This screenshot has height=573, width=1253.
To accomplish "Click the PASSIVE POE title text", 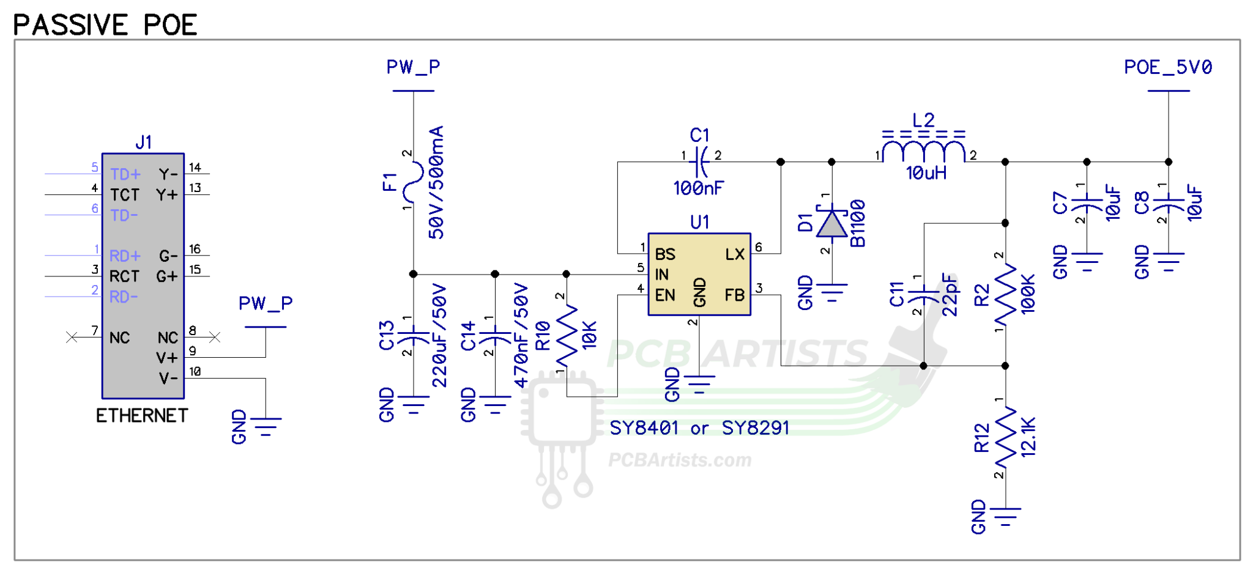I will [105, 25].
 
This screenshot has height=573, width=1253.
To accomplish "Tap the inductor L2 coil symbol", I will [924, 151].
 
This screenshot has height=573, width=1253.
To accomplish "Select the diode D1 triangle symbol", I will [831, 224].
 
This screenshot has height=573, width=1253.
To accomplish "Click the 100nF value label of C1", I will [698, 188].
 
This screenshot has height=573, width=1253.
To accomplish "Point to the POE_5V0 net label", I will [1167, 67].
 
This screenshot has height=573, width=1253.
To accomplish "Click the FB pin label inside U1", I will [734, 295].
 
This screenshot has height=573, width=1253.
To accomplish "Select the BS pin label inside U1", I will [665, 254].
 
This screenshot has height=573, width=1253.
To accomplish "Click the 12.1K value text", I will [1028, 437].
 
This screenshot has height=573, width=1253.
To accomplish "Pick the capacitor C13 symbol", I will [414, 336].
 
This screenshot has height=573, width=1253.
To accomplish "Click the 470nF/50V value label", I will [521, 335].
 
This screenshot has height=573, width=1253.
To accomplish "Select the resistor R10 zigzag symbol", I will [567, 337].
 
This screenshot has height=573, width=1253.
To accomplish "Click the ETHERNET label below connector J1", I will [142, 416].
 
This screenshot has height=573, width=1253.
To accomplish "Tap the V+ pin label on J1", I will [166, 358].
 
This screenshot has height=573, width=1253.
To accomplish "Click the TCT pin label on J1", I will [125, 195].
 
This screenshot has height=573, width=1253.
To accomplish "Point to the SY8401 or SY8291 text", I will [699, 428].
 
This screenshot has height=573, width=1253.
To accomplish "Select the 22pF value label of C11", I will [949, 295].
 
